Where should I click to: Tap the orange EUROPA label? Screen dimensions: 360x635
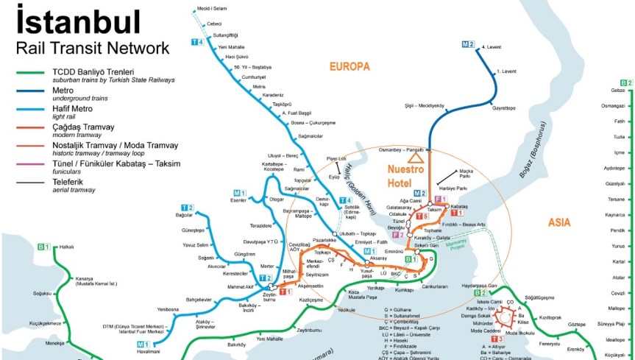point(350,66)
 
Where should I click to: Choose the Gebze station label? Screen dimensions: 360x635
point(617,90)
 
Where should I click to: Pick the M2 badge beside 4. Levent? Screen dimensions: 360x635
point(468,44)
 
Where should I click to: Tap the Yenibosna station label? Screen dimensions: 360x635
point(168,309)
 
